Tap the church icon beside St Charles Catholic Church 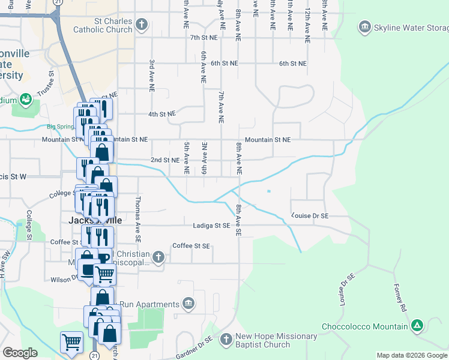(x=142, y=25)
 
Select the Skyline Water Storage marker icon (x=364, y=27)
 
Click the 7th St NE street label (x=203, y=38)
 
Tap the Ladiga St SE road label (x=212, y=226)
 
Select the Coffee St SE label (x=191, y=246)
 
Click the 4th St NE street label (x=162, y=113)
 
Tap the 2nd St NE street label (x=164, y=160)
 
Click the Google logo (x=20, y=353)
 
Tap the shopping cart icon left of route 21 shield (x=71, y=343)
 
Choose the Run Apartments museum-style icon (x=188, y=302)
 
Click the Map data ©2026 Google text (x=412, y=355)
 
